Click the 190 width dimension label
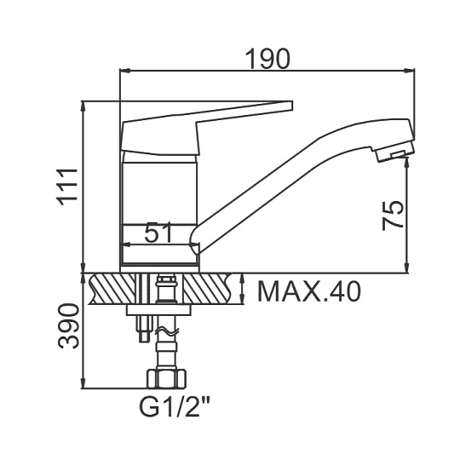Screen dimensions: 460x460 267,59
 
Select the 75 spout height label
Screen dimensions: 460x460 393,215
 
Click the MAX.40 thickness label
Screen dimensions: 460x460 308,291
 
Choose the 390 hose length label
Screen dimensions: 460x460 68,326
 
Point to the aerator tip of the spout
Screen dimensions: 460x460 396,151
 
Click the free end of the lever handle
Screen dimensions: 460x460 290,106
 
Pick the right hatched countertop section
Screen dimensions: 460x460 207,289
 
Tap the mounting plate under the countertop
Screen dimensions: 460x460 158,310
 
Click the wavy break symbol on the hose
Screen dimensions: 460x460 168,331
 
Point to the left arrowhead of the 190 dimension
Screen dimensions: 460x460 125,71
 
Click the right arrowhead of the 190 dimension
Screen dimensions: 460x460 409,71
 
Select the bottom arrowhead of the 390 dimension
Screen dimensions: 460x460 83,383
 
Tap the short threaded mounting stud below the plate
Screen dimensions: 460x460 144,329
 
